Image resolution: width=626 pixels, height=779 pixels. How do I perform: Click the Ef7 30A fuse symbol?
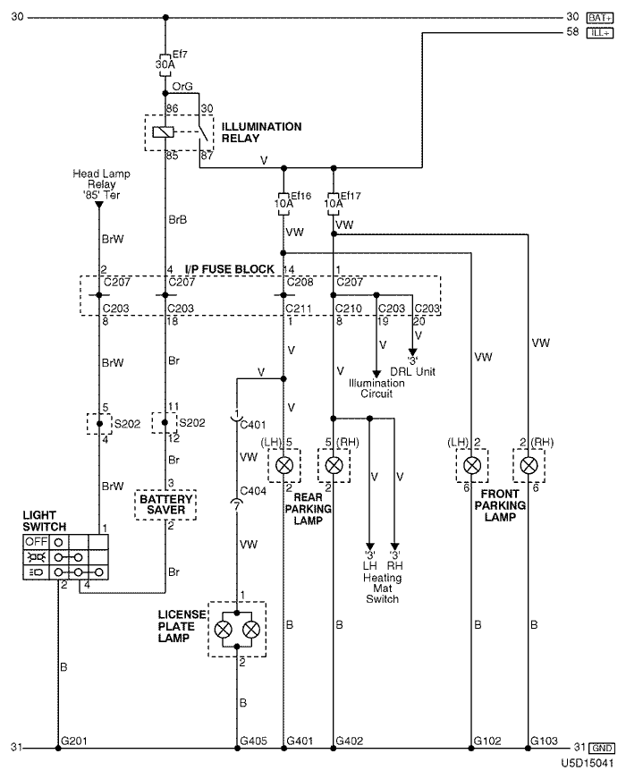165,64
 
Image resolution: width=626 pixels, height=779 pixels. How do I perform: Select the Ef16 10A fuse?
283,204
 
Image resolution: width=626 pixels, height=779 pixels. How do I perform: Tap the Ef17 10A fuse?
334,204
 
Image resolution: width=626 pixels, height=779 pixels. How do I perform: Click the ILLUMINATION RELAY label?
261,132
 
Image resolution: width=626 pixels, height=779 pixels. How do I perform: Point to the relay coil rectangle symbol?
163,131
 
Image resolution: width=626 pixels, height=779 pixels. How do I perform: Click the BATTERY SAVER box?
165,504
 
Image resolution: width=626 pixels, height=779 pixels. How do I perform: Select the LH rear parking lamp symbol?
284,465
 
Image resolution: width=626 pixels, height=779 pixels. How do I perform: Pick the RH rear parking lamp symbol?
334,465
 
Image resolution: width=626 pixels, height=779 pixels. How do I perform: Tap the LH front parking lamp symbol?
471,465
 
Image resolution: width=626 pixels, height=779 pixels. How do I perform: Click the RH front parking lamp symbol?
529,465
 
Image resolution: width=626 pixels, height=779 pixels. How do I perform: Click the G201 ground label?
74,741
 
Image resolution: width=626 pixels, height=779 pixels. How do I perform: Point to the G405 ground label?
253,741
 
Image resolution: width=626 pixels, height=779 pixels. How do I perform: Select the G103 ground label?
544,741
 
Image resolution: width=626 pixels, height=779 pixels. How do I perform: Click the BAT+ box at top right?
600,18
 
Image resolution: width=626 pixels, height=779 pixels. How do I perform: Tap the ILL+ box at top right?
600,33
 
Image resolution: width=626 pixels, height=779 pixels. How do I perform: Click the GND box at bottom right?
601,748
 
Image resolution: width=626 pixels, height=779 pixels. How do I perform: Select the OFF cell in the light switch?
37,541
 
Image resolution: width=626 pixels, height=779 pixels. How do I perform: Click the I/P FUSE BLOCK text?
230,269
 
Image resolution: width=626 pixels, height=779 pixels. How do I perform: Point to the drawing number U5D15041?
588,763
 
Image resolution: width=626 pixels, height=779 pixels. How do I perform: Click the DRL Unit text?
412,371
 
